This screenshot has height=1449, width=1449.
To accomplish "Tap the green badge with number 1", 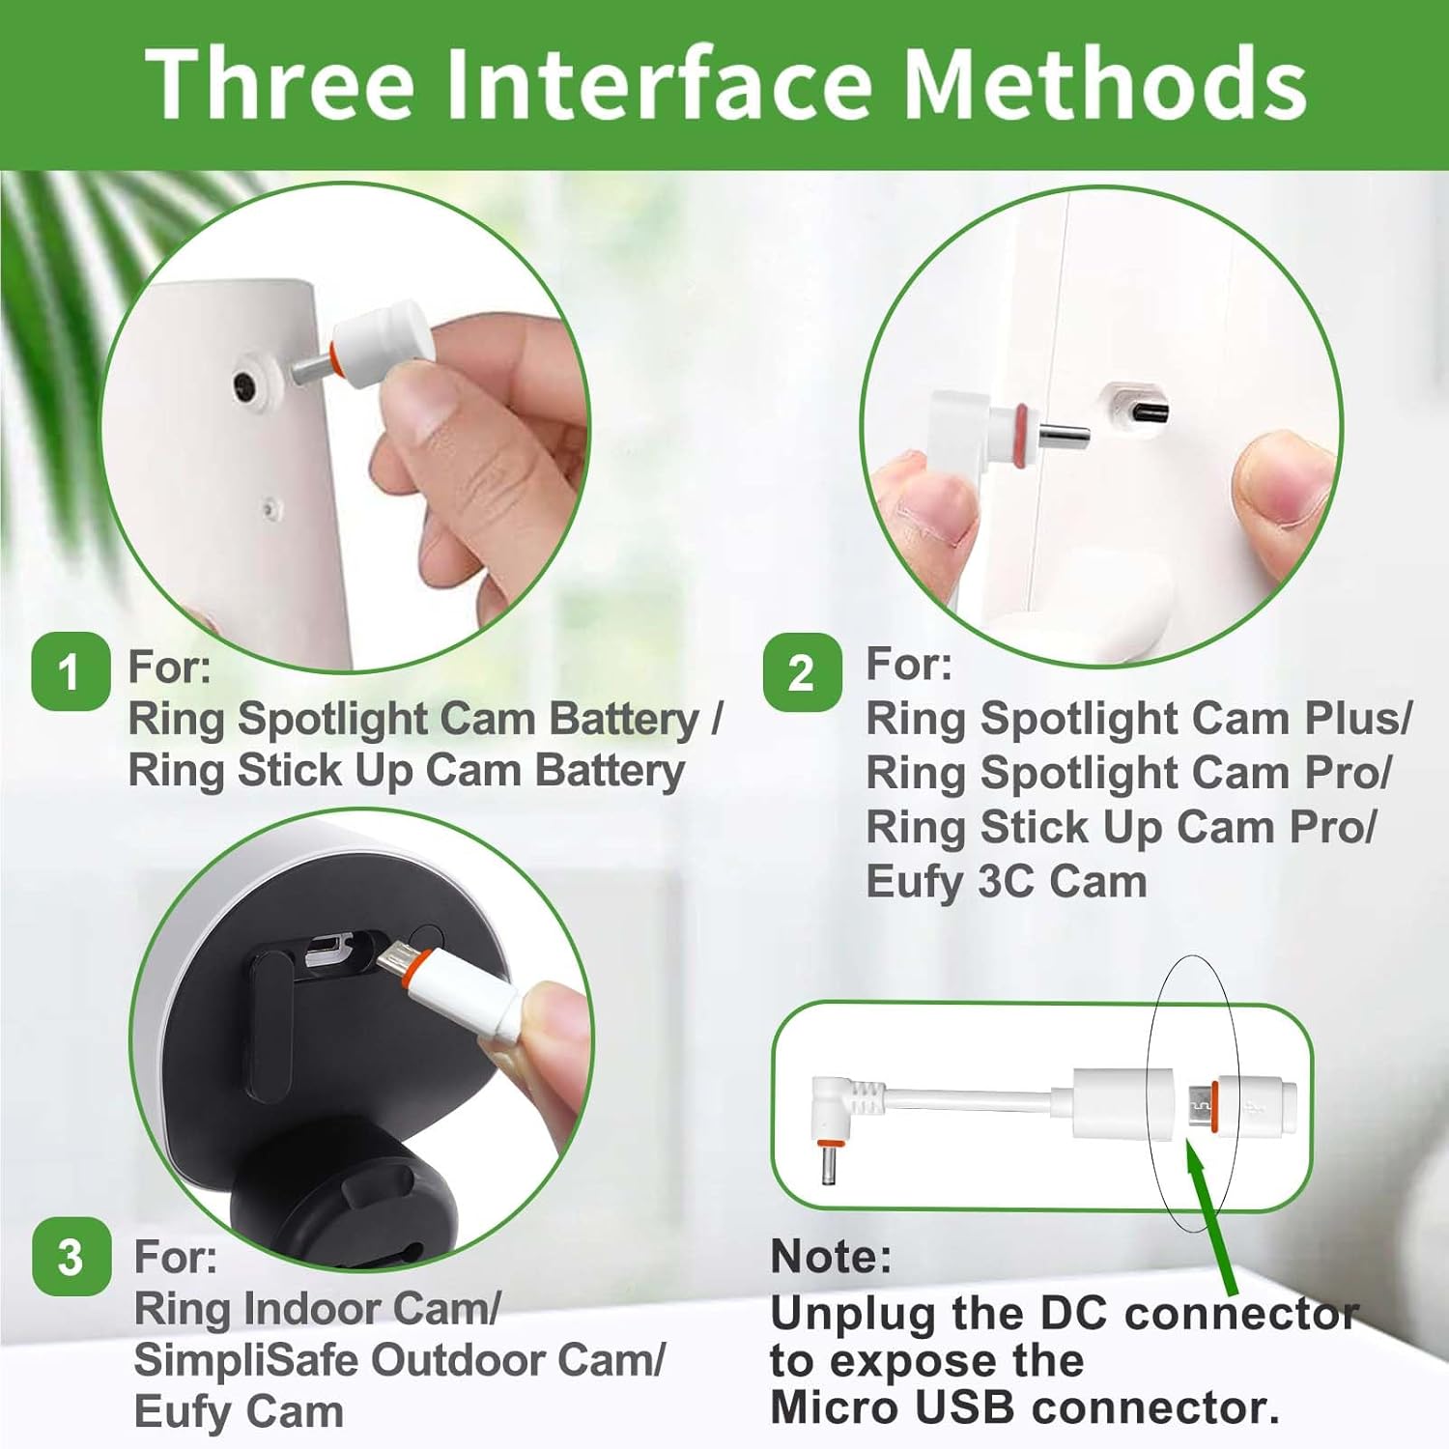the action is tap(70, 671).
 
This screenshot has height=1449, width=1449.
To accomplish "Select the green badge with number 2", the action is tap(802, 672).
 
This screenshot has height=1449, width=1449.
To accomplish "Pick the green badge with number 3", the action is tap(71, 1257).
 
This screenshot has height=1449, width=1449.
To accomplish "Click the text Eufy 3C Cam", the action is tap(1006, 882).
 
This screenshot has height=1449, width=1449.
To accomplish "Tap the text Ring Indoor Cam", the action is tap(316, 1309).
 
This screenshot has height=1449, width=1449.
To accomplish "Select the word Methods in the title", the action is tap(1107, 84).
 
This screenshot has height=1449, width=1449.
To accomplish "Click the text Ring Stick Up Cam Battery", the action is tap(406, 771).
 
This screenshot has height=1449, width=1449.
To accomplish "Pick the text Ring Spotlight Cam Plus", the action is tap(1138, 719).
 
